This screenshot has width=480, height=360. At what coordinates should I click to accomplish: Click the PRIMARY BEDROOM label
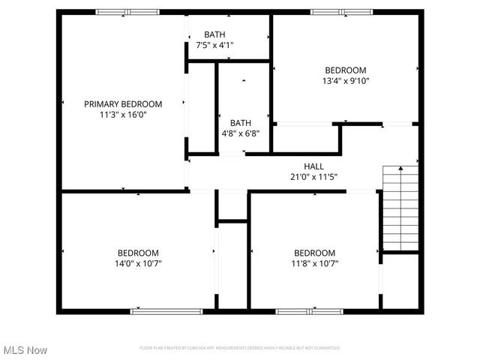click(122, 104)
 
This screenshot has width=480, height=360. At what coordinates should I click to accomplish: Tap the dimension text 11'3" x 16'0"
click(122, 115)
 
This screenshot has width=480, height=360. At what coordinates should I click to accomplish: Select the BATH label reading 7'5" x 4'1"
click(215, 34)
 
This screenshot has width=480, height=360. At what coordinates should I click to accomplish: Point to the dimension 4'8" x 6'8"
click(240, 133)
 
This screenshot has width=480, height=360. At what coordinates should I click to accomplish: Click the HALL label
click(313, 166)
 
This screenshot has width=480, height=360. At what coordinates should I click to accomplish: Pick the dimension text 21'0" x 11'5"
click(313, 177)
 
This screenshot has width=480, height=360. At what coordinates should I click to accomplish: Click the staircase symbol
click(400, 209)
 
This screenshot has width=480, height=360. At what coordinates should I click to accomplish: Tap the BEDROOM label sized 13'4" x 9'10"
click(345, 70)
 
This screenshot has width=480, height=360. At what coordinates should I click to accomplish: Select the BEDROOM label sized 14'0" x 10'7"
click(138, 253)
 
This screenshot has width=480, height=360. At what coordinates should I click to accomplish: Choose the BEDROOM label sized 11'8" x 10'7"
click(314, 253)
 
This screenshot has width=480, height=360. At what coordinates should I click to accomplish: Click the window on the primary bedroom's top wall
click(127, 12)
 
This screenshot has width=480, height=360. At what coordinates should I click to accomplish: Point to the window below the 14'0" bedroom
click(156, 310)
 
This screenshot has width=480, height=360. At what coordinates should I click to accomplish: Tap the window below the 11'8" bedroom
click(299, 310)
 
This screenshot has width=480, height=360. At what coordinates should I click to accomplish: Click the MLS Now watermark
click(25, 350)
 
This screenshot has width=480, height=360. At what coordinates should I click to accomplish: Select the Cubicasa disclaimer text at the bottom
click(240, 348)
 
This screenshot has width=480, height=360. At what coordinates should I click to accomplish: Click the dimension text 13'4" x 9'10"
click(345, 81)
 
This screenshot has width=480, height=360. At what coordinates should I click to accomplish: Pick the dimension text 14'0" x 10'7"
click(138, 264)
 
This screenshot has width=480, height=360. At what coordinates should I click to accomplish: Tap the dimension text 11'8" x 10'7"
click(314, 264)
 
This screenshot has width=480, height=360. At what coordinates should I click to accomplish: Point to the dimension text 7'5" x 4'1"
click(215, 45)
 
